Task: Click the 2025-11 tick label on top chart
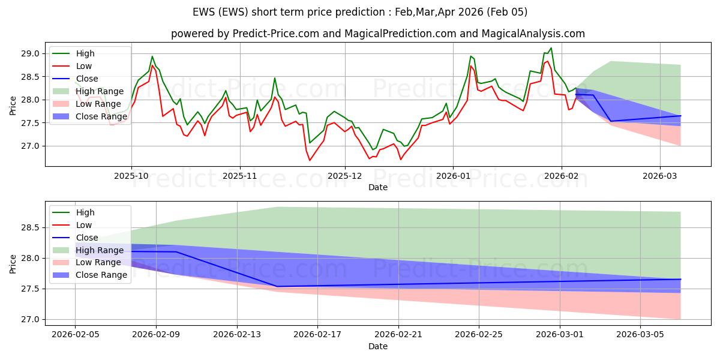tap(240, 177)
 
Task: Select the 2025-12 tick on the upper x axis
tap(345, 177)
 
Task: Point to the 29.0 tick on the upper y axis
tap(31, 53)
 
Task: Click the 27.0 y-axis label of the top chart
tap(31, 146)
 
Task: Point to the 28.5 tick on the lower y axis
tap(31, 227)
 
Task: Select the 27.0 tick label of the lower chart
tap(31, 319)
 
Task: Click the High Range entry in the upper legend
tap(100, 91)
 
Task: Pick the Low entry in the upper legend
tap(83, 66)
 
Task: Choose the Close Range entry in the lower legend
tap(101, 275)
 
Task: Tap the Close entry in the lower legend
tap(87, 238)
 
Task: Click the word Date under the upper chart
tap(378, 187)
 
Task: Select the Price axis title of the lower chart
tap(13, 263)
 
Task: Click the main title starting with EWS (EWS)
tap(360, 12)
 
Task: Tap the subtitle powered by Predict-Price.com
tap(378, 34)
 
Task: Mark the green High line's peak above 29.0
tap(551, 48)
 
